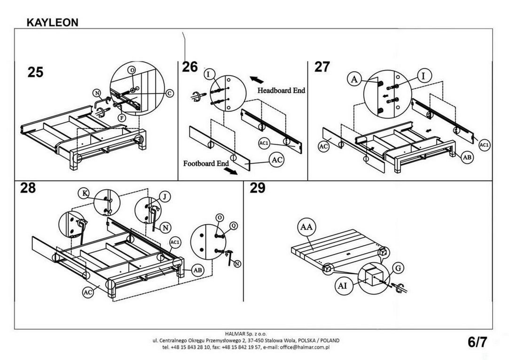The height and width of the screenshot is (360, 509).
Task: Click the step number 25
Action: (x=35, y=72)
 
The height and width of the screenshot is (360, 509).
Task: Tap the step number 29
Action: (x=258, y=188)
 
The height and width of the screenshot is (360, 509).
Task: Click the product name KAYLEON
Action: (x=52, y=23)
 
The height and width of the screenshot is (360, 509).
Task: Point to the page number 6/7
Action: (x=478, y=342)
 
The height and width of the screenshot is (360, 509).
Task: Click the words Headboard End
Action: (x=282, y=90)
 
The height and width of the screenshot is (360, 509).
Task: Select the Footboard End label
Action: (x=206, y=163)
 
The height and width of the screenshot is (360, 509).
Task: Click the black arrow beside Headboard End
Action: (x=257, y=79)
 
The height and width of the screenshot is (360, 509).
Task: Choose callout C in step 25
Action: (x=170, y=94)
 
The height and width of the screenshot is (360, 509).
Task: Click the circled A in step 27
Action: (x=354, y=79)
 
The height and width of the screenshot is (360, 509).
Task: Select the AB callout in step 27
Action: (x=467, y=157)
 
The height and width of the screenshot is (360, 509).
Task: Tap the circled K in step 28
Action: (x=85, y=194)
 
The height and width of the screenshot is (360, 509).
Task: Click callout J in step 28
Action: (x=165, y=197)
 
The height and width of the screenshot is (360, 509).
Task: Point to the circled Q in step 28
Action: (x=234, y=226)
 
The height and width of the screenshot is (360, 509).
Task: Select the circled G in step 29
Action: (x=398, y=268)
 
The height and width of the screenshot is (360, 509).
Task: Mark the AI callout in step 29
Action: (x=343, y=286)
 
